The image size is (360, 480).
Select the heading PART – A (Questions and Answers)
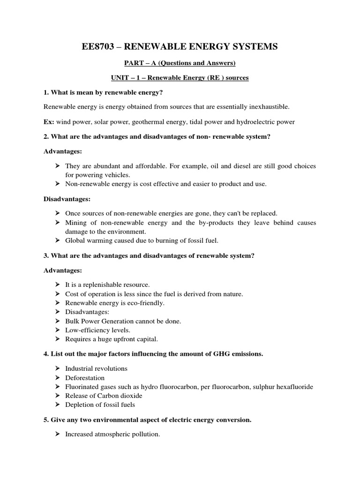click(180, 63)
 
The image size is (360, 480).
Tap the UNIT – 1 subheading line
click(180, 78)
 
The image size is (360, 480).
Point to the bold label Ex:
click(49, 122)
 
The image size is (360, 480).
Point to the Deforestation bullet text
click(85, 378)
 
